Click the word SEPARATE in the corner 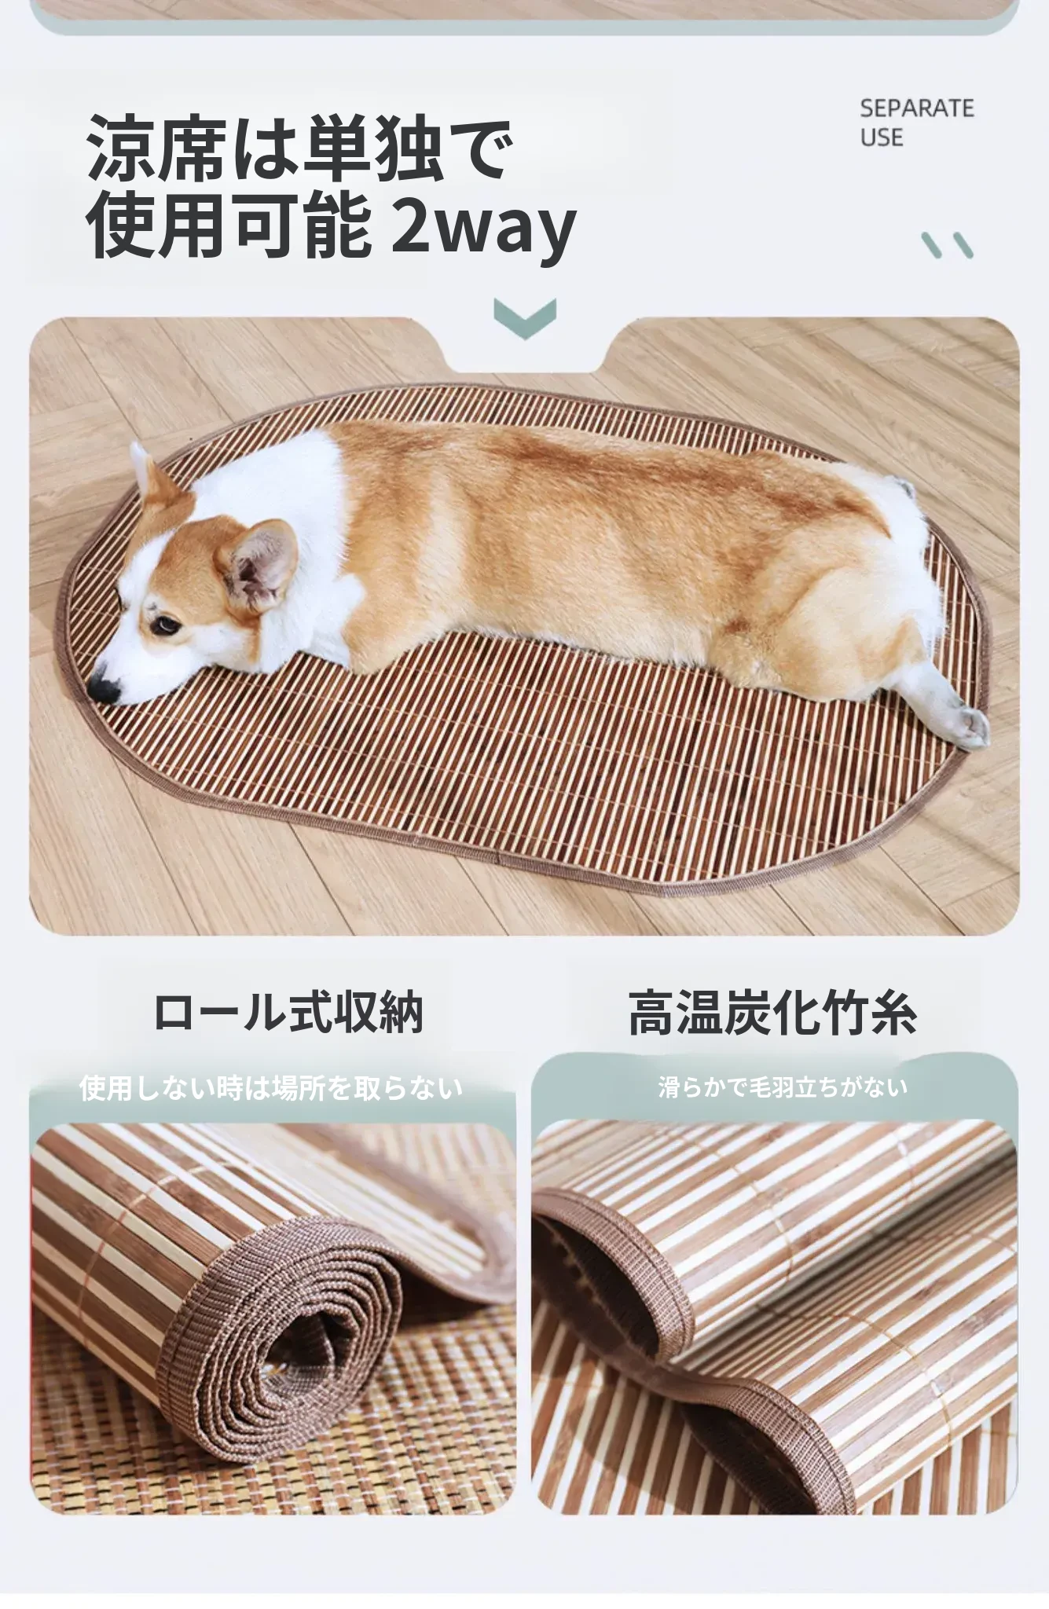pos(916,108)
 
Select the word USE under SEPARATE pos(881,137)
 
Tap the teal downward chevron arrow pos(525,318)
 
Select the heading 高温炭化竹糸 pos(773,1013)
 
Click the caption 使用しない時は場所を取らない pos(271,1088)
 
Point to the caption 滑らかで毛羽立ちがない pos(783,1087)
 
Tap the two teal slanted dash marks pos(948,245)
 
